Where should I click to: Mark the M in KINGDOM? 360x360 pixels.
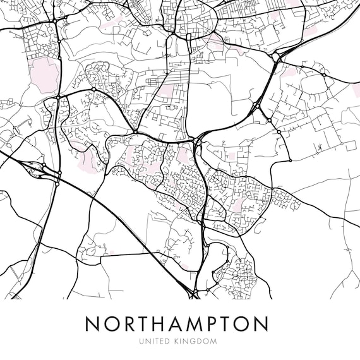click(214, 341)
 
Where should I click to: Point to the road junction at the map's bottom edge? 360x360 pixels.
click(194, 293)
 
